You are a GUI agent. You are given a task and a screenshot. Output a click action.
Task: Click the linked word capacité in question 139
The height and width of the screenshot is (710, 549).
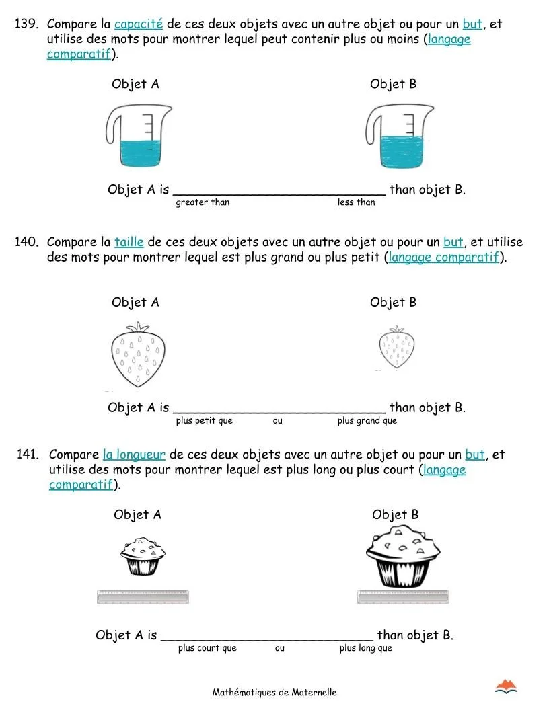coord(138,24)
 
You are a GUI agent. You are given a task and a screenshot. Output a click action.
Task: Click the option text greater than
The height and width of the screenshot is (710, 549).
coord(203,202)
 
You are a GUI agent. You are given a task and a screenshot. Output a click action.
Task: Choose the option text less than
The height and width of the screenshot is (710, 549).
coord(356,202)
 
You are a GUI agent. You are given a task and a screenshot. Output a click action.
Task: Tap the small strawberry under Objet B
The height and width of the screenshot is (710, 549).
coord(396,348)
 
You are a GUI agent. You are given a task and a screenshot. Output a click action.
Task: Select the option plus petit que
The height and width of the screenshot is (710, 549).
coord(204,421)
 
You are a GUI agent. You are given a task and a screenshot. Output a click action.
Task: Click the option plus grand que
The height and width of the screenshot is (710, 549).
coord(367,421)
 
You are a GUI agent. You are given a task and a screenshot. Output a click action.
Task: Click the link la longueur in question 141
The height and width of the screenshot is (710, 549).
coord(134,455)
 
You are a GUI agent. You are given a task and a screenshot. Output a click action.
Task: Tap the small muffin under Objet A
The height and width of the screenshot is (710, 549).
coord(143,556)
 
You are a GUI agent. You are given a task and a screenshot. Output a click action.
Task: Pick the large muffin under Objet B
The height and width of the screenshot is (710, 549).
coord(403,556)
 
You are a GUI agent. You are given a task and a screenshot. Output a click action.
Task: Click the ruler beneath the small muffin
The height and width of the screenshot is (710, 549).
coord(143,597)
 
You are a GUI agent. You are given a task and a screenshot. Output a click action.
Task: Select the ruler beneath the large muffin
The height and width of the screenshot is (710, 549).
coord(403,597)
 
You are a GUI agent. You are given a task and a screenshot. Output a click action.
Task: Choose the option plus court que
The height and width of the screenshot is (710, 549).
coord(207,648)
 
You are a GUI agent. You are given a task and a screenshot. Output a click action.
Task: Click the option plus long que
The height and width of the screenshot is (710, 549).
coord(365,648)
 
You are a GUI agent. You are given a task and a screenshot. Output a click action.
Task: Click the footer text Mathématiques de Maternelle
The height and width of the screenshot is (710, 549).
coord(274,692)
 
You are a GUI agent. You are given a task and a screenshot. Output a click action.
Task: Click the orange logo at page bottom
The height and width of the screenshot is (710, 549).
coord(505,686)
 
